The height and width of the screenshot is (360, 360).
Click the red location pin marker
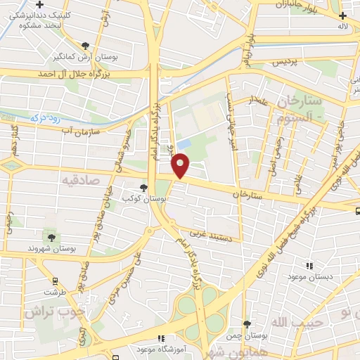181,165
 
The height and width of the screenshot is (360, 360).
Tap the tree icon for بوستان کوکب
144,188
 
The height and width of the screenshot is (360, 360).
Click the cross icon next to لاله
342,15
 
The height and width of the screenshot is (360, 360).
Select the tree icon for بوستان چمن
247,324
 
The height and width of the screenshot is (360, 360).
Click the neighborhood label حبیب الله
291,322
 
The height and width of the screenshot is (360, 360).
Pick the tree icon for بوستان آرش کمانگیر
85,45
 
